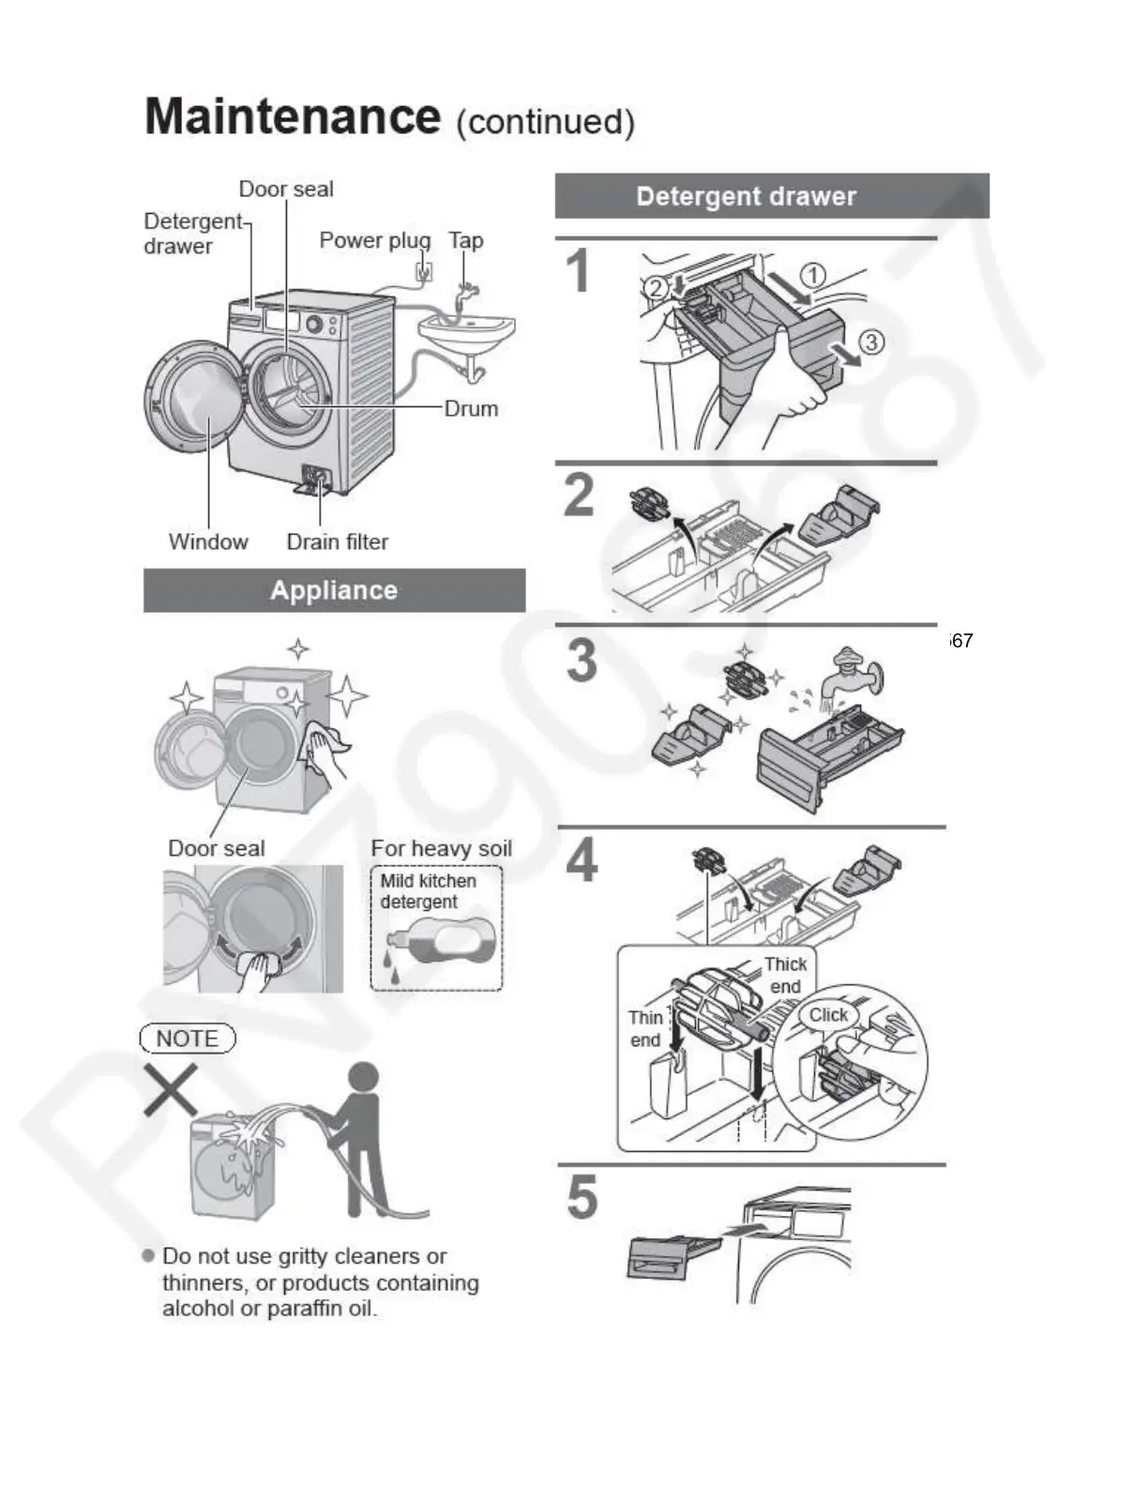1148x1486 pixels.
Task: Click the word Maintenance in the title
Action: [293, 117]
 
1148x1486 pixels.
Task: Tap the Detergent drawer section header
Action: [746, 196]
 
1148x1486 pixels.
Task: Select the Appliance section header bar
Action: [334, 590]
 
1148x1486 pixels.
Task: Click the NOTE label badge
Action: [188, 1039]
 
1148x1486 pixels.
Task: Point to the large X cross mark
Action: [171, 1089]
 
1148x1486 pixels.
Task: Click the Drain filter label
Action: [337, 542]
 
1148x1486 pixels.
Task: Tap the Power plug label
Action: [374, 240]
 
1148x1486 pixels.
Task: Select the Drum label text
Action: [471, 409]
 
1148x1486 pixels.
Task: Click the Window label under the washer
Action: [208, 542]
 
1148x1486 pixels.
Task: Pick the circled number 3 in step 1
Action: [871, 341]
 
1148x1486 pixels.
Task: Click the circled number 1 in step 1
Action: [813, 275]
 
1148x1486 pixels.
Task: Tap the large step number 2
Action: [580, 495]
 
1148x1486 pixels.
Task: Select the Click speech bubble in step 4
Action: [828, 1015]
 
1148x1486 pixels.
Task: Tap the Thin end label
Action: [645, 1029]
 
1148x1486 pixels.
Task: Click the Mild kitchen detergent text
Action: [428, 891]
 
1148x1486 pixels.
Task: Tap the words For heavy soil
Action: [441, 849]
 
